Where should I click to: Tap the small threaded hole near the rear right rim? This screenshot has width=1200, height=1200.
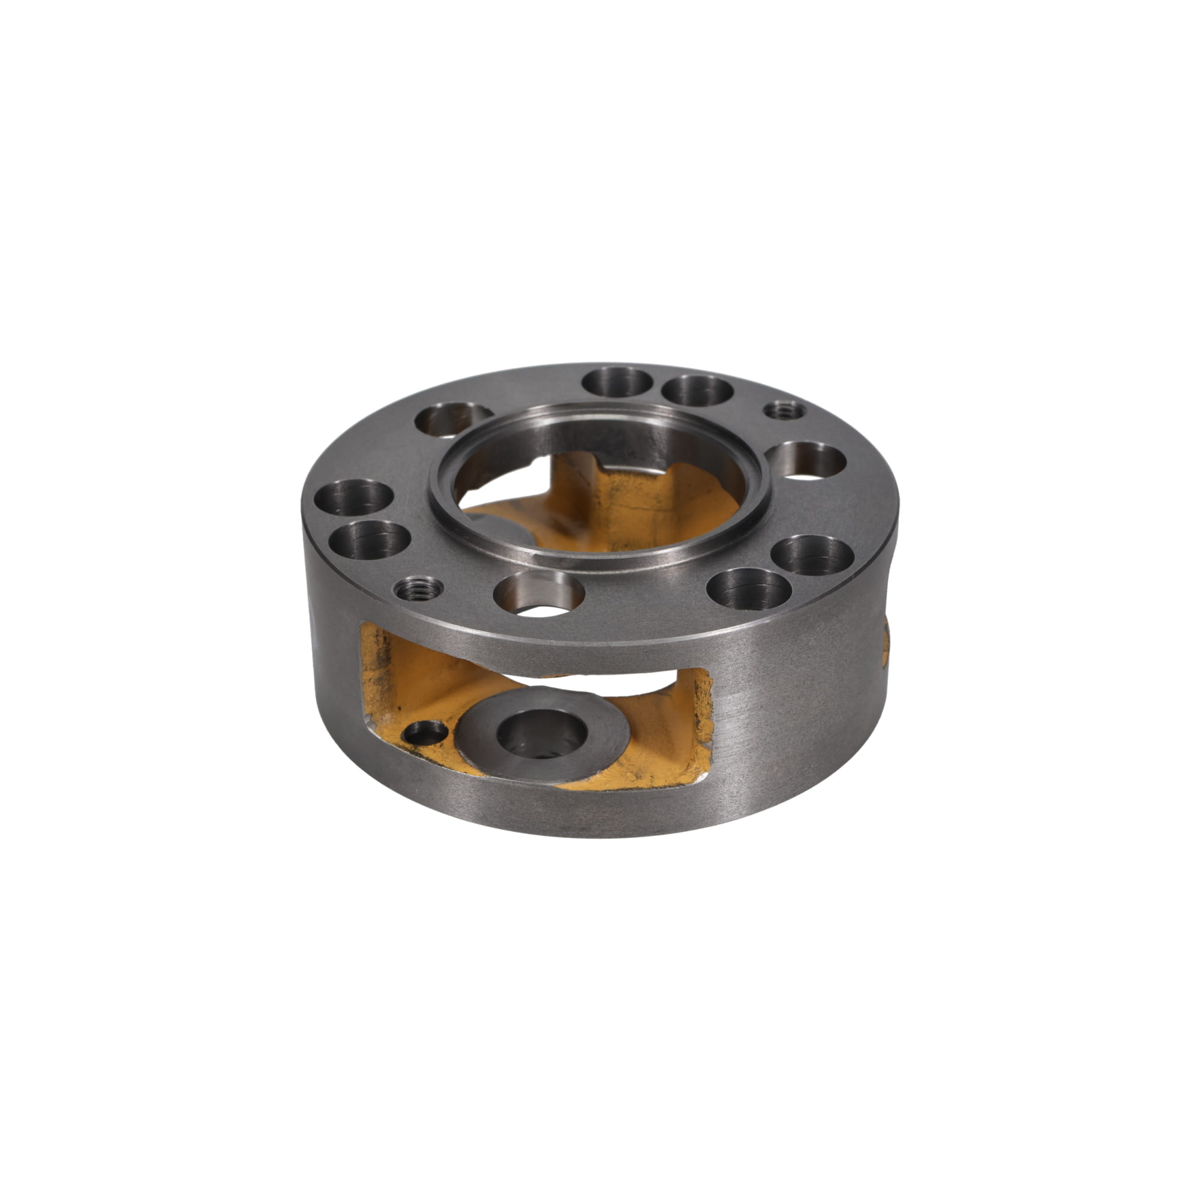(784, 410)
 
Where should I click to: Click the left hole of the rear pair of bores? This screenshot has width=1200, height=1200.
(617, 382)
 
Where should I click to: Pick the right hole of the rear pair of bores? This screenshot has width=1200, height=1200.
(697, 389)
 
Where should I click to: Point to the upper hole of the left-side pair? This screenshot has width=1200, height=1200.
(354, 498)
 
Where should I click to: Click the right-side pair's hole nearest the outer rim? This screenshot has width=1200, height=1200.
(814, 554)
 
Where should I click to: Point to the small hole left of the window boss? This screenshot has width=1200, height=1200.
(425, 732)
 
